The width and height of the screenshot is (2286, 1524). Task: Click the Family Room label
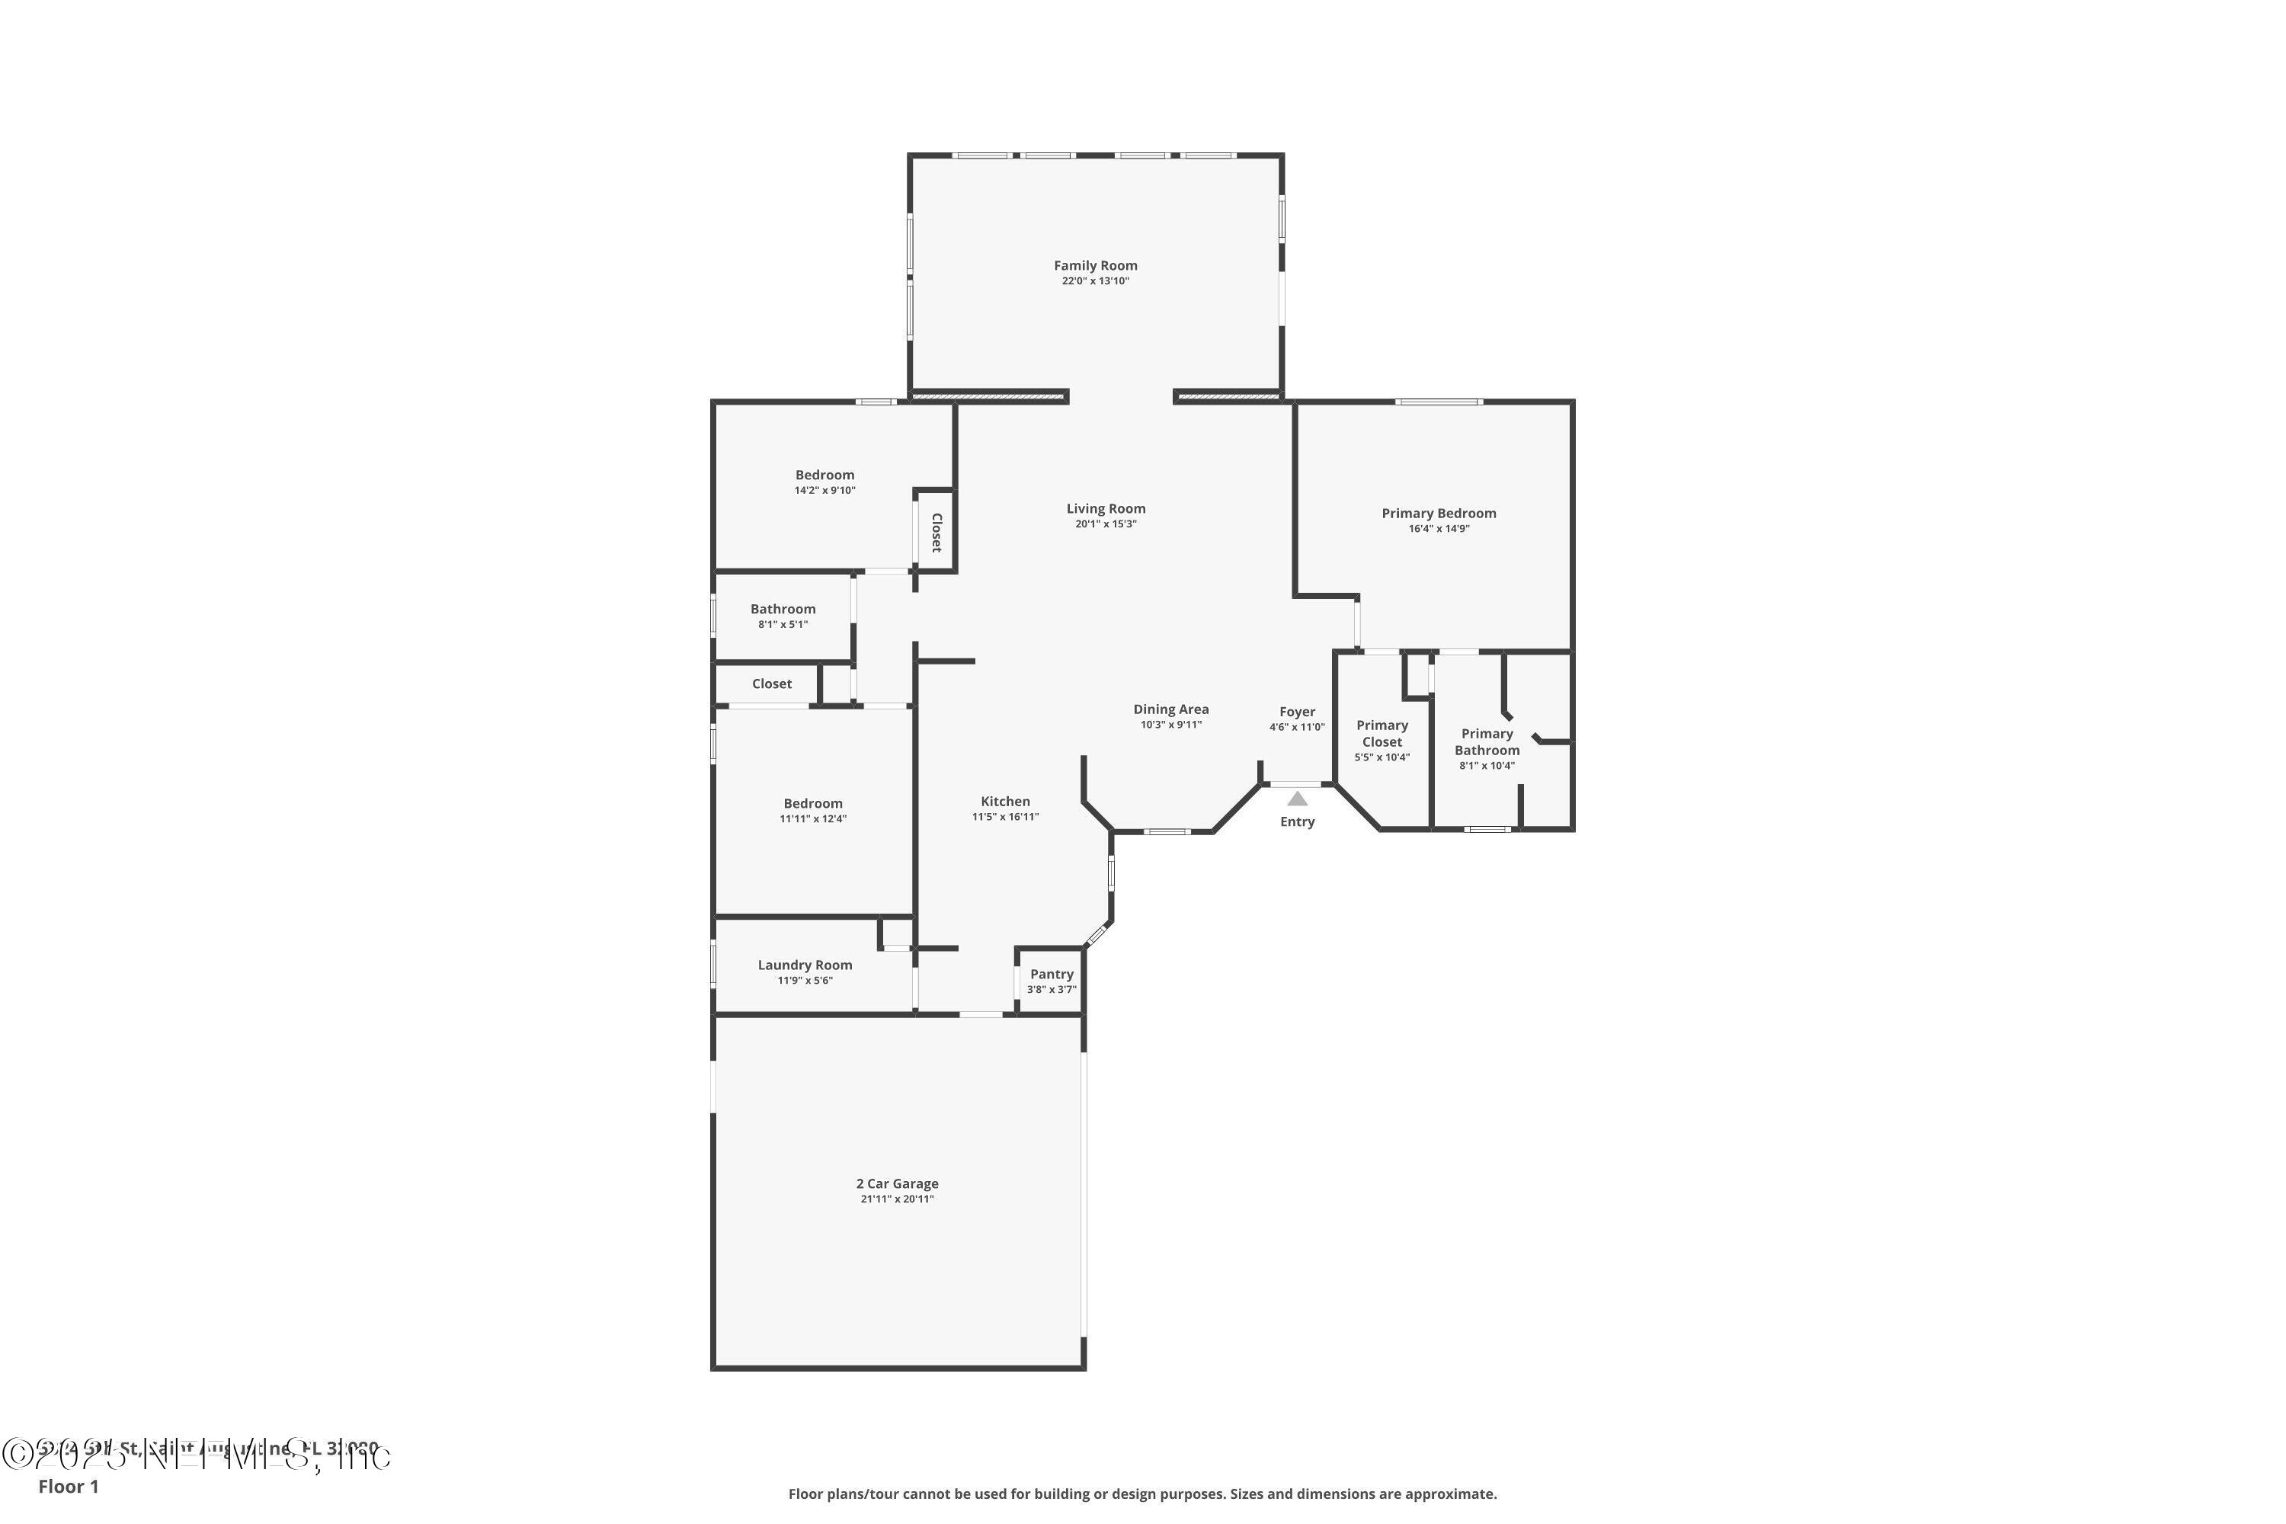pos(1096,265)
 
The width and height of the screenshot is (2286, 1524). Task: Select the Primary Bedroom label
pos(1439,513)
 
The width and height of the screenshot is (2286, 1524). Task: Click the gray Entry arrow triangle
pos(1298,799)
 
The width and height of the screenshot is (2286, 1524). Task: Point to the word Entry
pos(1297,822)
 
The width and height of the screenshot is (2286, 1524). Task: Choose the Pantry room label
pos(1052,974)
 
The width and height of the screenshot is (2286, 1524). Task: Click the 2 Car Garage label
pos(897,1184)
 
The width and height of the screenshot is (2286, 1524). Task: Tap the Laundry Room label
pos(805,965)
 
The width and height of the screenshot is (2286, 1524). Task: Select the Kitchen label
pos(1005,802)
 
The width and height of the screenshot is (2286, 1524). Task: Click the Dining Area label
pos(1170,709)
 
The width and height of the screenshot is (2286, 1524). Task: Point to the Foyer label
pos(1297,712)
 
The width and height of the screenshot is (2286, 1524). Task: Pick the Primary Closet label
pos(1382,734)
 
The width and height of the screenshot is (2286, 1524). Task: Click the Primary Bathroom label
pos(1487,741)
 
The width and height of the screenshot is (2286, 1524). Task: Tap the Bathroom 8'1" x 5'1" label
pos(783,610)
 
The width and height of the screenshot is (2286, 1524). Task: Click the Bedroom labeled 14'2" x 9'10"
pos(824,475)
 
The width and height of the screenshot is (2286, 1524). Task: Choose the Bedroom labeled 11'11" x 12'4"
pos(812,804)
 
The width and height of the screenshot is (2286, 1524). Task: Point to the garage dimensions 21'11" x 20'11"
pos(897,1199)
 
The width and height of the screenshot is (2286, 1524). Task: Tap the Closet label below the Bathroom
pos(772,684)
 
